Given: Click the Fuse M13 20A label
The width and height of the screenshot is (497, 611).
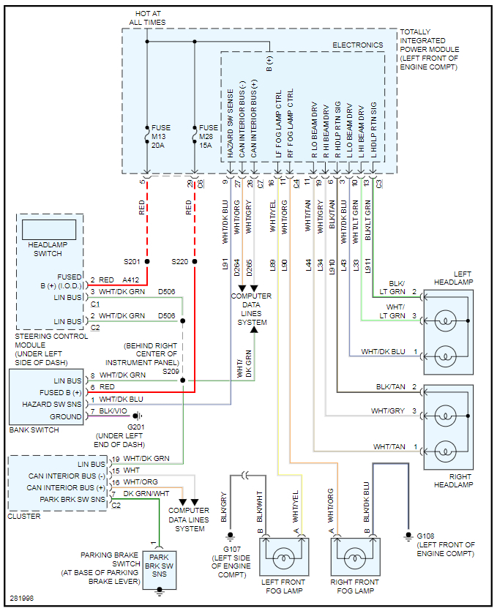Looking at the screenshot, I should (x=160, y=136).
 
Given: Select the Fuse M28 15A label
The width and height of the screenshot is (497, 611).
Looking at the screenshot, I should (x=209, y=136).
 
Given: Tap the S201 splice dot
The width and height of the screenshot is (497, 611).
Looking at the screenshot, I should (x=147, y=261).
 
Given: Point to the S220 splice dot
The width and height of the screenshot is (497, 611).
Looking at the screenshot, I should (x=195, y=261).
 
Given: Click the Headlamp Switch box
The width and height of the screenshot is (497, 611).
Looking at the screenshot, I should (x=50, y=228).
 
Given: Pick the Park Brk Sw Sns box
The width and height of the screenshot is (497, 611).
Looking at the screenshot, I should (x=159, y=566).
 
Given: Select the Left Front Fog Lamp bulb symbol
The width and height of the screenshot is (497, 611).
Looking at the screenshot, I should (x=282, y=558).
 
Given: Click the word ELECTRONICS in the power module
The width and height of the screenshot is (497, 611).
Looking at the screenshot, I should (x=358, y=45).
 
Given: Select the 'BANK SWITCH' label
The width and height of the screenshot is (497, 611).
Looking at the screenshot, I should (x=33, y=430).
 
